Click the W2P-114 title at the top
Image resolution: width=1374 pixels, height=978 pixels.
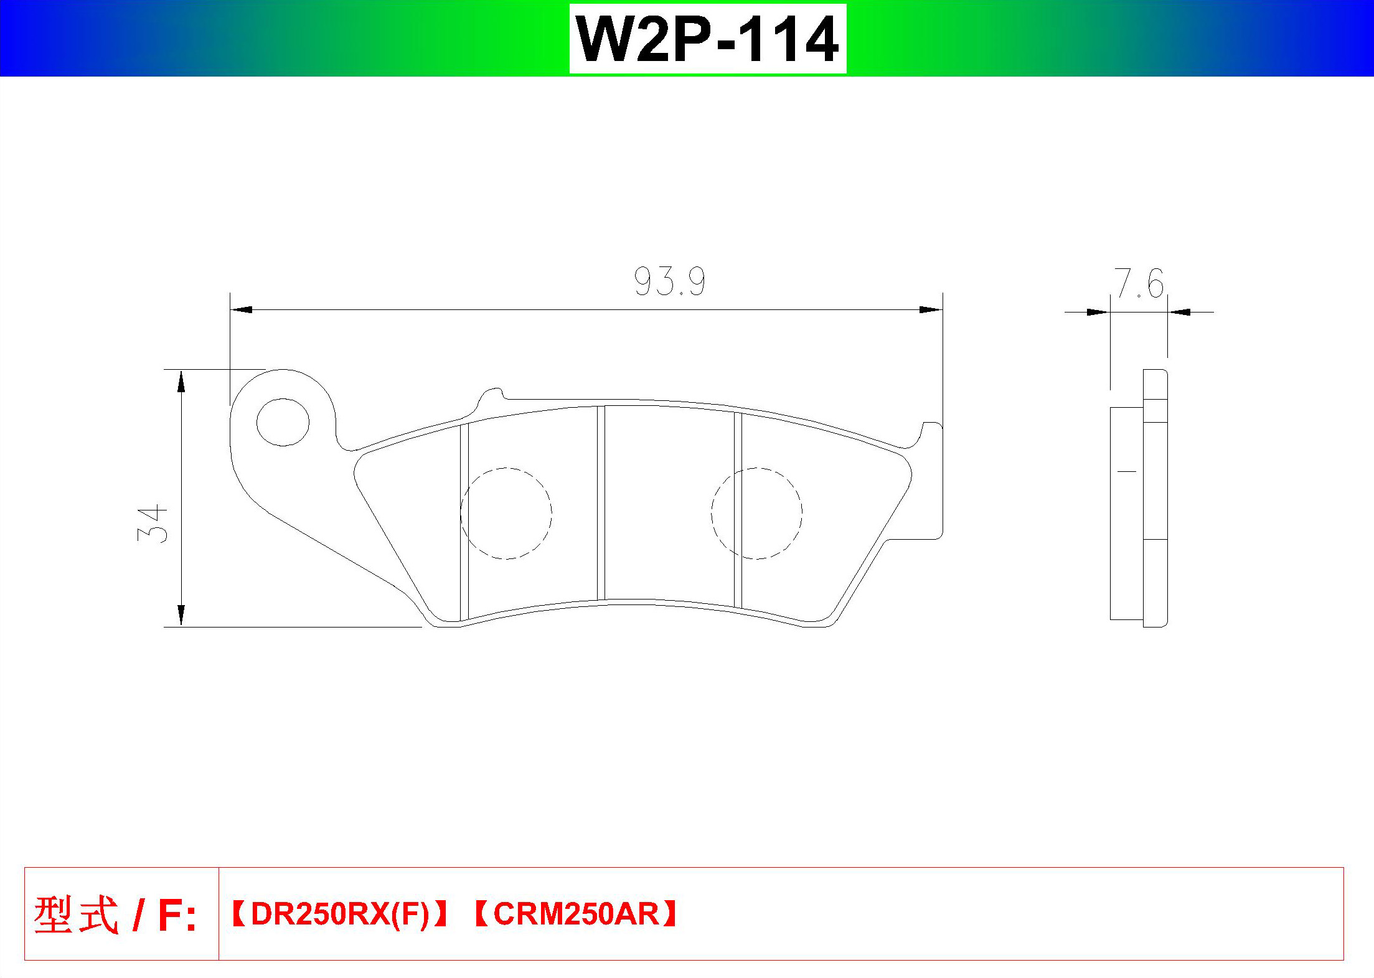pos(708,39)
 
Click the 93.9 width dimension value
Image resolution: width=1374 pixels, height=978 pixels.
pos(670,281)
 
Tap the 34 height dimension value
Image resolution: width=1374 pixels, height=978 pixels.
pos(153,524)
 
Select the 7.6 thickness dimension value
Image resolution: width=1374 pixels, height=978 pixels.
pos(1139,283)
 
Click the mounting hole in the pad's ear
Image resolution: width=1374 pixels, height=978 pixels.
pos(283,422)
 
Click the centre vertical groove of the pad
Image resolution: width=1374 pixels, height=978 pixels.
pos(601,503)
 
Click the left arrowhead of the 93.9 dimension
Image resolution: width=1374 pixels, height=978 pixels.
pos(241,309)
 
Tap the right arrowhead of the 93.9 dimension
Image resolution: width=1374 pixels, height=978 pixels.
pos(931,309)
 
